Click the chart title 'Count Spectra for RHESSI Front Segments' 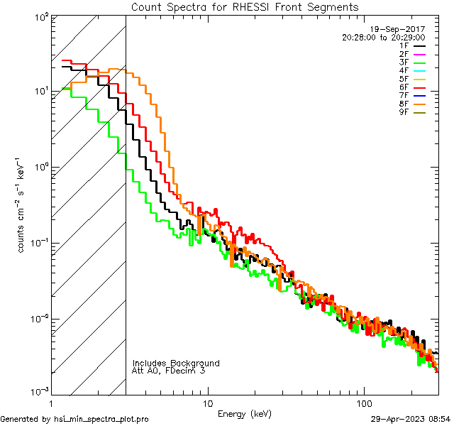245,6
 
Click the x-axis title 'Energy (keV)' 245,413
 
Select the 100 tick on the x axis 363,403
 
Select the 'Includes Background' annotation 176,363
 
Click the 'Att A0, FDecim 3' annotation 169,371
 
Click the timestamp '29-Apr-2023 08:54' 411,419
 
